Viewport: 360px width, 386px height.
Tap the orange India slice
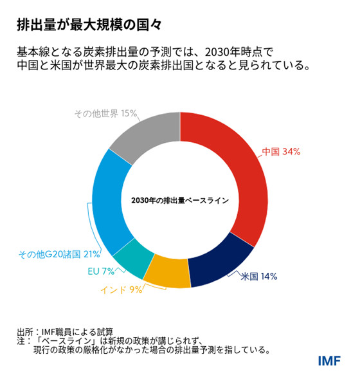click(x=167, y=271)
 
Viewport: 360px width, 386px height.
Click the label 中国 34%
click(x=281, y=152)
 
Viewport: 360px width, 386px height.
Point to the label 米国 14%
click(x=258, y=277)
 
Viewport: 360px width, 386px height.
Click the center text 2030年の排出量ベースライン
click(x=180, y=200)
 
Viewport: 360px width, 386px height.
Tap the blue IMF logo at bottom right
click(x=328, y=360)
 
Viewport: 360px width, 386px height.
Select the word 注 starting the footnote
click(x=21, y=342)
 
